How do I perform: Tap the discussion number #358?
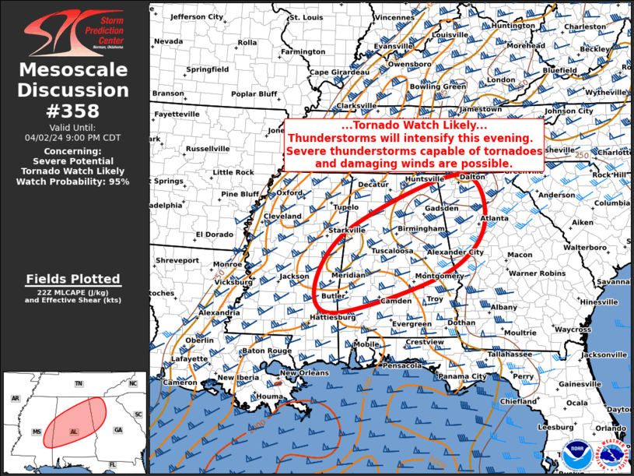tap(73, 111)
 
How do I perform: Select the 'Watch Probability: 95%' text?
tap(73, 182)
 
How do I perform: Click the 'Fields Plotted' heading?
tap(73, 279)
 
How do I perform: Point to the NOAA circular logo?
tap(576, 453)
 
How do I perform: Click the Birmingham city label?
tap(421, 229)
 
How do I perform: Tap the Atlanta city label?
tap(495, 219)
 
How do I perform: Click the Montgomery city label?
tap(440, 277)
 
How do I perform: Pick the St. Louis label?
tap(306, 17)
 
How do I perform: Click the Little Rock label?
tap(233, 172)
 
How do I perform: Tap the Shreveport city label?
tap(177, 260)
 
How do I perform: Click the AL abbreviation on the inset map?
tap(74, 431)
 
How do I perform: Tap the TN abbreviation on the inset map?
tap(79, 384)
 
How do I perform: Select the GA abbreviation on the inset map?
tap(118, 430)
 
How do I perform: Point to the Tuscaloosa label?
tap(391, 252)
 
